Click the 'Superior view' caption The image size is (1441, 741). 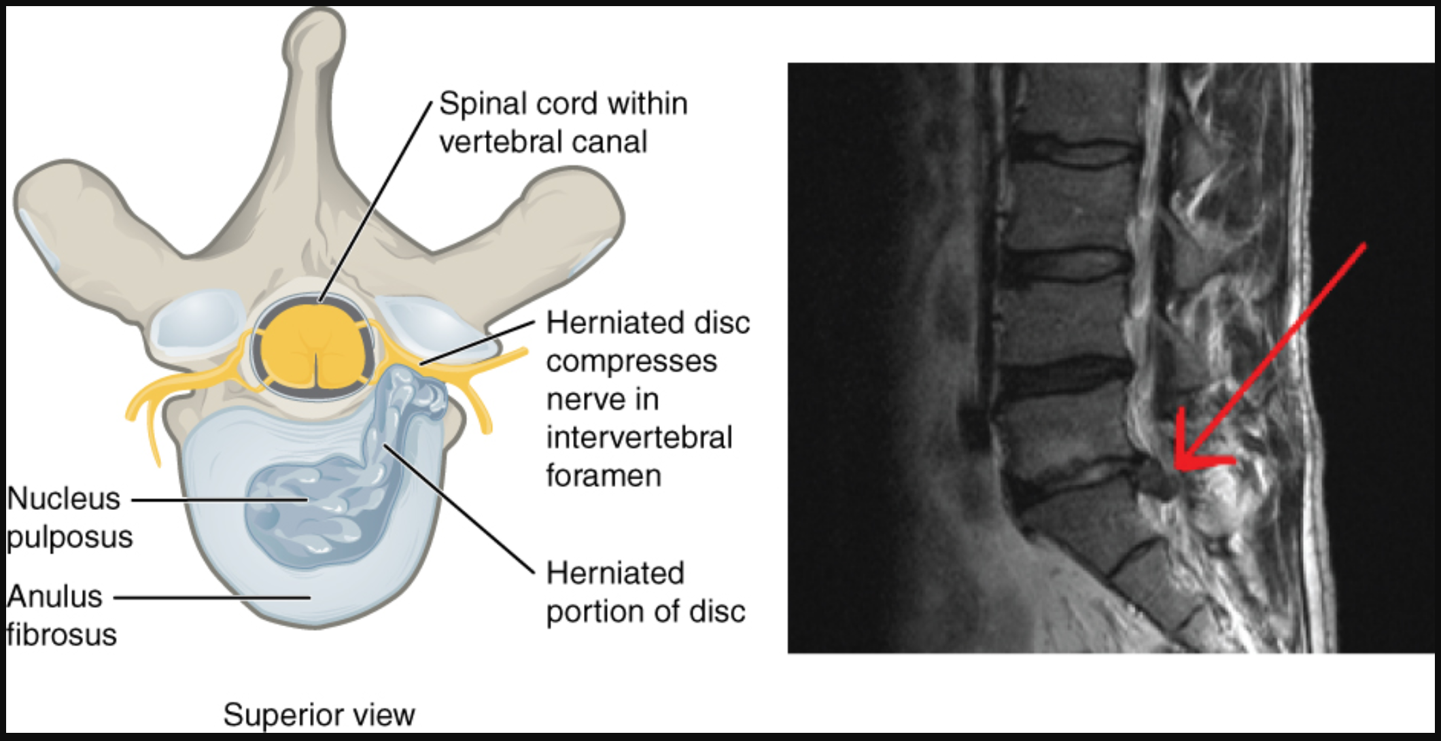319,714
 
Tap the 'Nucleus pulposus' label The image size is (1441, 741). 69,517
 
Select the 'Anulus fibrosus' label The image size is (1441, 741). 61,615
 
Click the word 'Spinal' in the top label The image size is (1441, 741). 483,105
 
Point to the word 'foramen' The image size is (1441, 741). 604,475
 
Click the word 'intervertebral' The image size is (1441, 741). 639,437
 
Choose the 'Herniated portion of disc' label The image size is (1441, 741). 646,592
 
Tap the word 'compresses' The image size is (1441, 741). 631,362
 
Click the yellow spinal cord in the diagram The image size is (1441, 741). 317,348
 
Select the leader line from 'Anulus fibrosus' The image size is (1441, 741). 212,598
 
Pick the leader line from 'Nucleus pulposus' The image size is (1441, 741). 219,500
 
